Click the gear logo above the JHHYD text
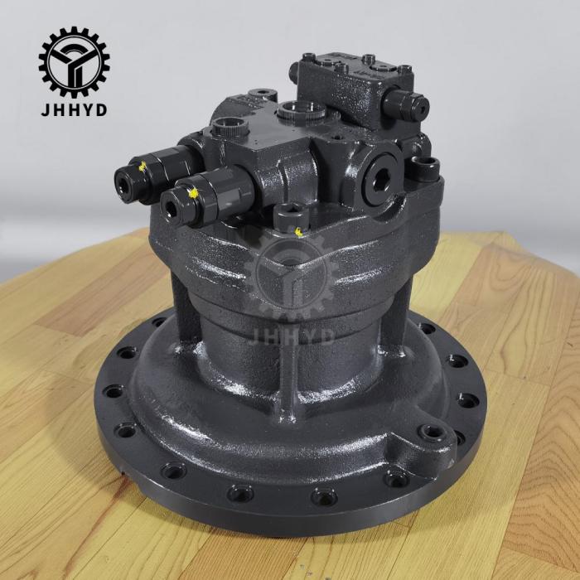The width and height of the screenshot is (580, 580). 74,62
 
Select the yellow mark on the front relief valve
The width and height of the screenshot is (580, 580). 193,193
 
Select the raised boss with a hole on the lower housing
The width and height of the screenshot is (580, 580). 431,433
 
